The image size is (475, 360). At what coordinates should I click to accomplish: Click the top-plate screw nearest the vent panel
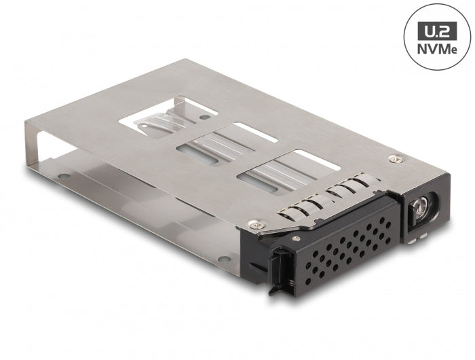(x=255, y=223)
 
